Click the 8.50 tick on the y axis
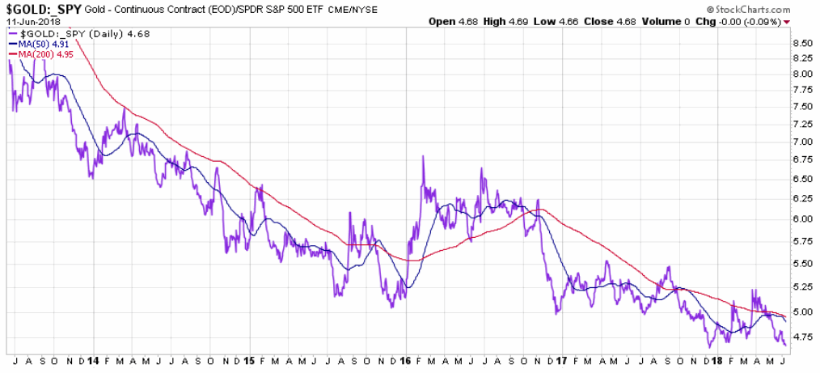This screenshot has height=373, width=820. pyautogui.click(x=802, y=43)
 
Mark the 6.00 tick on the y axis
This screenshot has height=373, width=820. pyautogui.click(x=802, y=218)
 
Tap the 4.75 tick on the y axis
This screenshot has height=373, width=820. pyautogui.click(x=802, y=337)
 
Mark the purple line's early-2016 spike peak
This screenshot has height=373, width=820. pyautogui.click(x=424, y=156)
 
